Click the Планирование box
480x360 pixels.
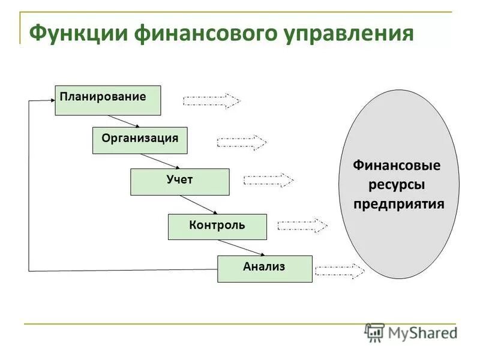click(108, 100)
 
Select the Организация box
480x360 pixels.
click(140, 140)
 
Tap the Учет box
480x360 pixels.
click(179, 182)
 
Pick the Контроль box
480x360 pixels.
click(217, 227)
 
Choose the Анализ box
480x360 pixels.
click(264, 268)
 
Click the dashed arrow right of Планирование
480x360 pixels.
click(211, 101)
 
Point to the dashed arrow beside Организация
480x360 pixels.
click(241, 142)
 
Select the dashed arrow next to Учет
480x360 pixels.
click(268, 180)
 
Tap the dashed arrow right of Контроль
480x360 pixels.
click(302, 226)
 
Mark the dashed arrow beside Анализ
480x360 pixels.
click(340, 271)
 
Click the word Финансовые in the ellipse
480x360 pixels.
click(397, 165)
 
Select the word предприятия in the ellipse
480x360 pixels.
click(398, 203)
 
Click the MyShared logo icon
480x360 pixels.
click(375, 332)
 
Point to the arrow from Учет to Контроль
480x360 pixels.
click(199, 205)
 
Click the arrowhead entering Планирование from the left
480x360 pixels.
click(50, 100)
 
